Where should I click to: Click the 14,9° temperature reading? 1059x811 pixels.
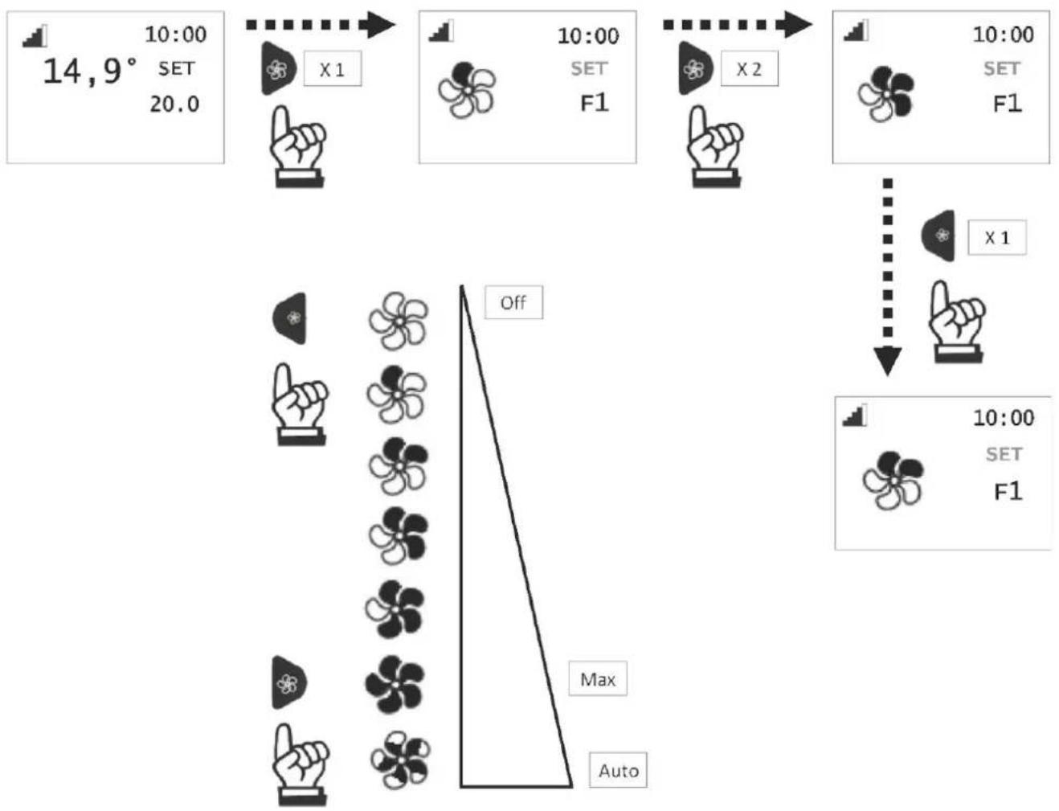click(91, 72)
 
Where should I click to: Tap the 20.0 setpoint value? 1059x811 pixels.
click(174, 104)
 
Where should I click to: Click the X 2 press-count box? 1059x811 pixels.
click(749, 68)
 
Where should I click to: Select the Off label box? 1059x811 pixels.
click(513, 302)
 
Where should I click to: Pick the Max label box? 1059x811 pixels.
click(598, 678)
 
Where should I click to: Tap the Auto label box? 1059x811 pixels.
click(618, 770)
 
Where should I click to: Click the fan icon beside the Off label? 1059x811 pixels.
click(399, 321)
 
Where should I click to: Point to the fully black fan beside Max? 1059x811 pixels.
click(395, 684)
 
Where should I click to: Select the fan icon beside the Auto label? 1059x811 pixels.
click(399, 760)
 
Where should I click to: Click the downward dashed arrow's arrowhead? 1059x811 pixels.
click(887, 361)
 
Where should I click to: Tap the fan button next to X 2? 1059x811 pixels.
click(696, 68)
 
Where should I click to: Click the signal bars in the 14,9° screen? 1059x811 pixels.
click(35, 36)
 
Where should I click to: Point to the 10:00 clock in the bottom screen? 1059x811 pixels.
click(1004, 418)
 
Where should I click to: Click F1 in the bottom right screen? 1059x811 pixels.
click(1008, 491)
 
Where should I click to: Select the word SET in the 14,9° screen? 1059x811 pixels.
click(177, 68)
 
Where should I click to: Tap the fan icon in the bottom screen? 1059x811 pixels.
click(893, 480)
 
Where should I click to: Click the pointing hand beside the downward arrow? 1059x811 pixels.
click(957, 322)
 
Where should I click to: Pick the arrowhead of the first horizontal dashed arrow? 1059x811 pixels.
click(381, 25)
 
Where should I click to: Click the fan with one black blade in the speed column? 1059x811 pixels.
click(396, 394)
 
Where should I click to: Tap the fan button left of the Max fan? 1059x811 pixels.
click(289, 682)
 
